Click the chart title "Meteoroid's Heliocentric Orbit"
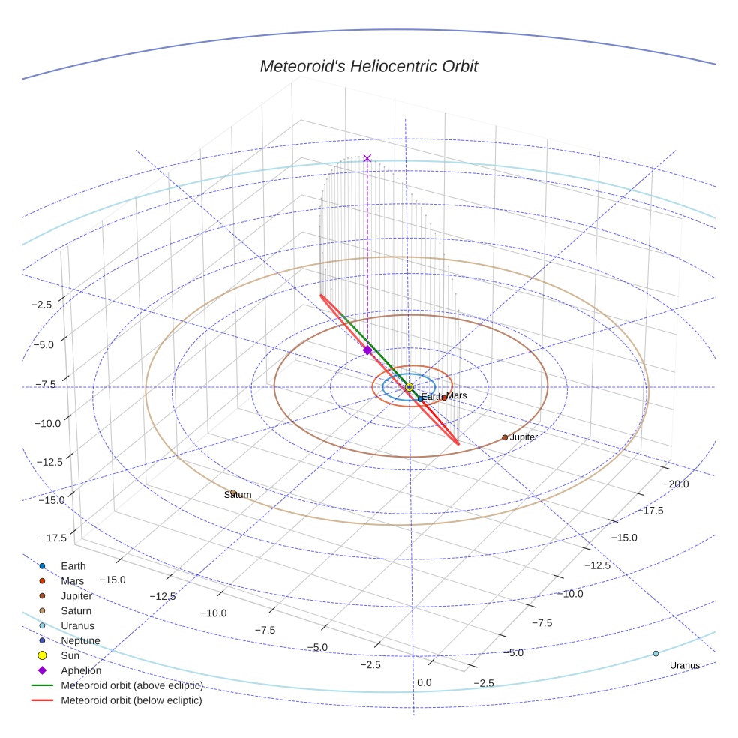tap(368, 66)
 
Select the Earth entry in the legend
tap(73, 566)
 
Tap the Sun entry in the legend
tap(70, 656)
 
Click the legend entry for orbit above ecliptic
tap(130, 686)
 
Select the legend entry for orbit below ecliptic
tap(130, 701)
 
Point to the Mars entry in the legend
tap(72, 581)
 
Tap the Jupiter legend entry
tap(76, 596)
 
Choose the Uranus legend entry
tap(77, 626)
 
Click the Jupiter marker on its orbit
tap(505, 437)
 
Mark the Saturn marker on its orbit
tap(233, 493)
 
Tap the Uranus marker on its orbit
tap(655, 654)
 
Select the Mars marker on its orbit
tap(444, 397)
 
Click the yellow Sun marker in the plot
tap(409, 387)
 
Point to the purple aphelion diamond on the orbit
tap(367, 350)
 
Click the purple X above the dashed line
tap(367, 158)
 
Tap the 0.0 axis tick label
tap(424, 682)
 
